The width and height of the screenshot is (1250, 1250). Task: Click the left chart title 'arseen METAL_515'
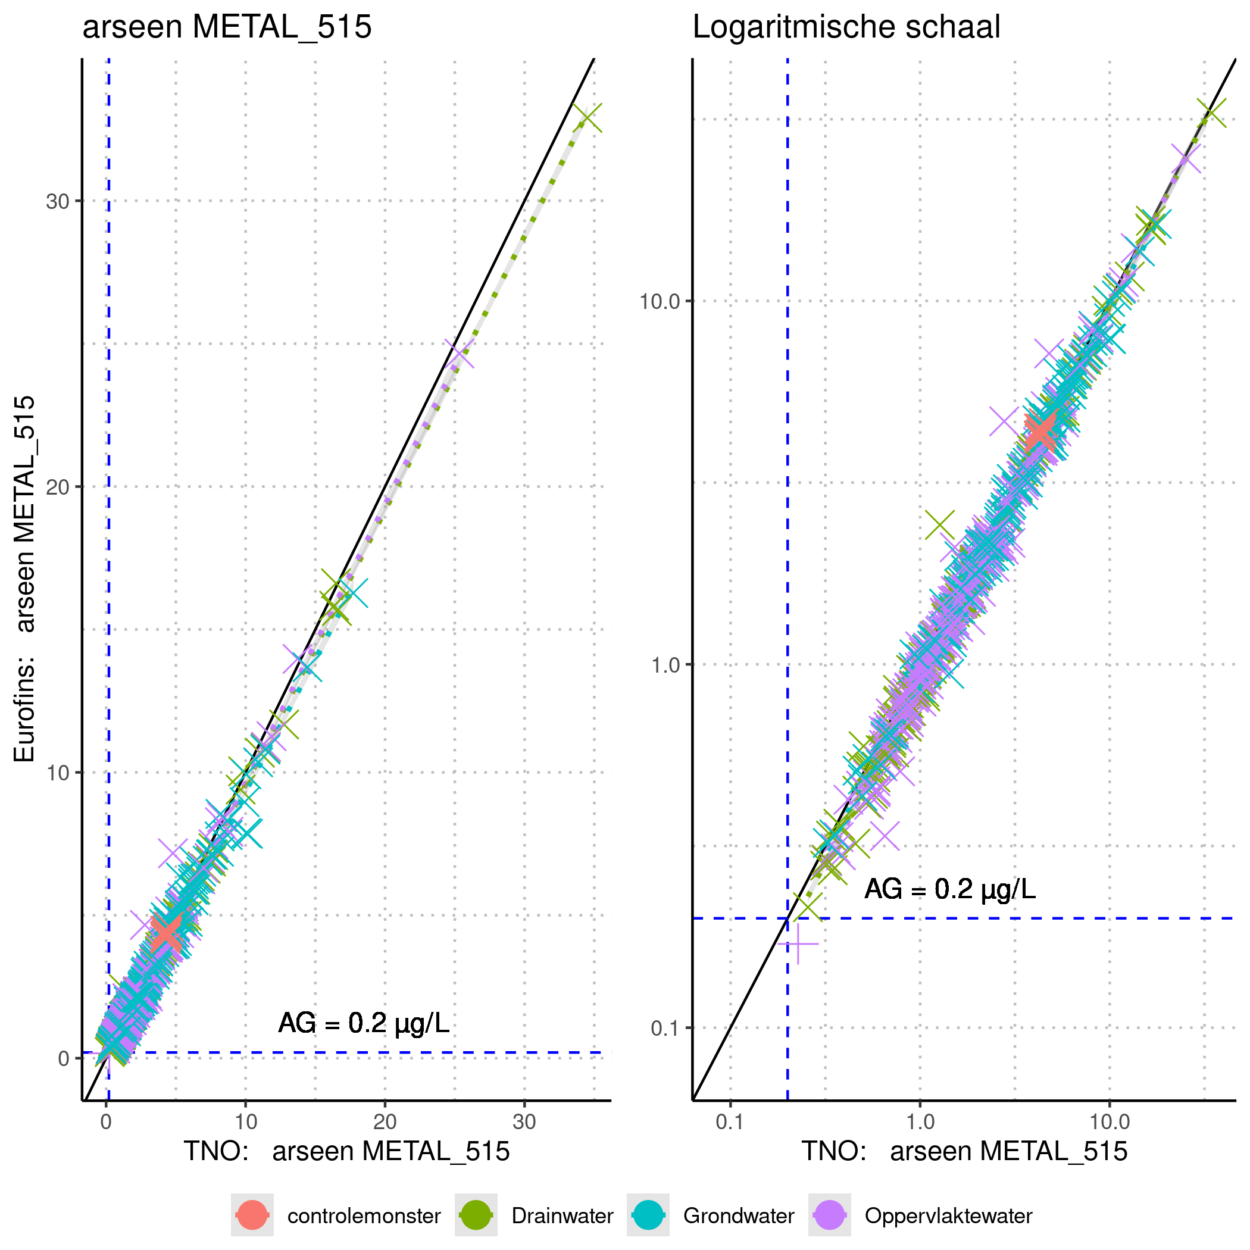(227, 27)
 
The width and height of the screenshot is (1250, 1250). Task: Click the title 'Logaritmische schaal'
(846, 27)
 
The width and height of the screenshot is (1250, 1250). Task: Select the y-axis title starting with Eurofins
(24, 579)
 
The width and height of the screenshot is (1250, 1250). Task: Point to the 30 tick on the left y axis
(58, 201)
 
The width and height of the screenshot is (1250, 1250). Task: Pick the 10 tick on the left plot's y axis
(58, 773)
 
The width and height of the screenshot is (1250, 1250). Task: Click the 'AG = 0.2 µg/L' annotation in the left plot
(364, 1023)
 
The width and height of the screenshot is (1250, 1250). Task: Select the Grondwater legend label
(738, 1215)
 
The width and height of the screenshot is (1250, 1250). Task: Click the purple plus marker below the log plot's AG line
(798, 944)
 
